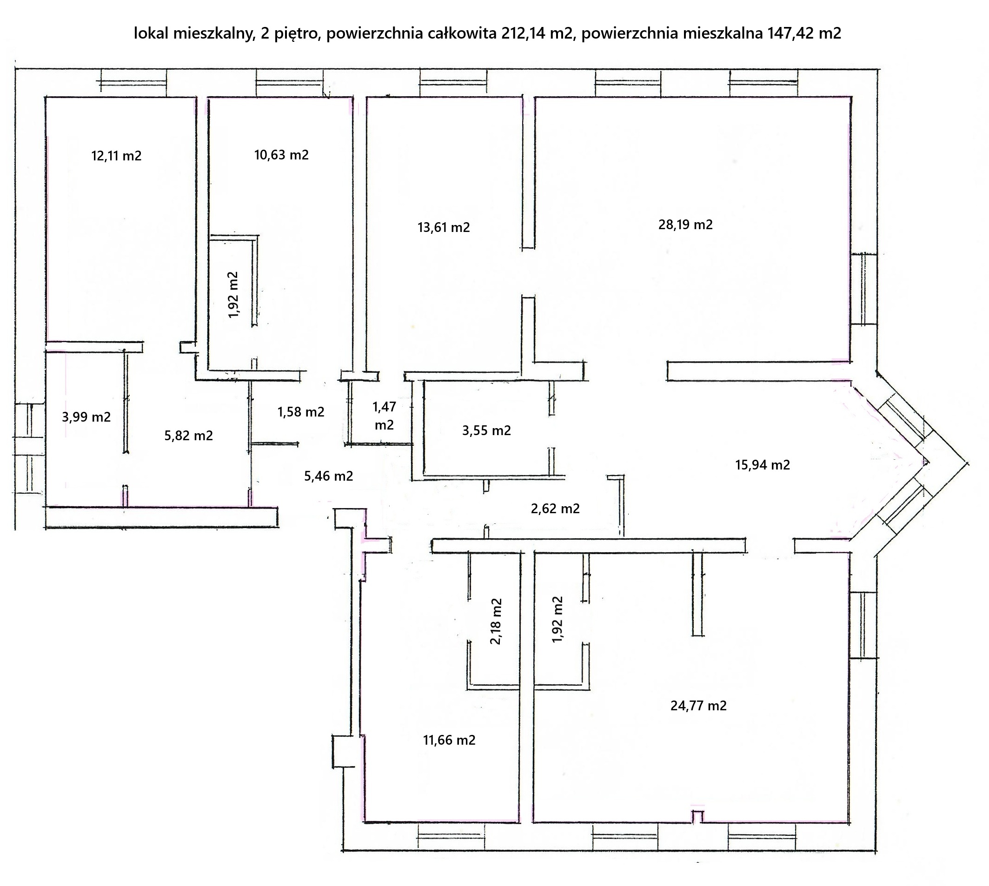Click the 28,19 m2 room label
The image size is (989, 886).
685,225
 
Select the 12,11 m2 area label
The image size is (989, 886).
116,156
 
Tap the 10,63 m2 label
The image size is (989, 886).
281,155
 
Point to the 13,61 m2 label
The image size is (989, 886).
444,227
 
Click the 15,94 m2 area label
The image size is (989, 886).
763,465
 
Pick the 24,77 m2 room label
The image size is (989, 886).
698,705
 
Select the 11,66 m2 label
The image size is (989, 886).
449,740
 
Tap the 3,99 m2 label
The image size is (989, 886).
86,417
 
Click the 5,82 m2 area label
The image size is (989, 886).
188,436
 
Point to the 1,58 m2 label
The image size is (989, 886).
301,412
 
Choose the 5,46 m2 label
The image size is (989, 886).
329,476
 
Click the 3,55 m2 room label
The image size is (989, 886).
486,430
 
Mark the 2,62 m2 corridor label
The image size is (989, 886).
555,509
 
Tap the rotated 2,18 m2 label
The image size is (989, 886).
496,621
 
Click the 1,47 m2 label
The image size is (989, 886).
384,416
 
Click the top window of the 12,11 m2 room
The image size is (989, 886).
133,80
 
